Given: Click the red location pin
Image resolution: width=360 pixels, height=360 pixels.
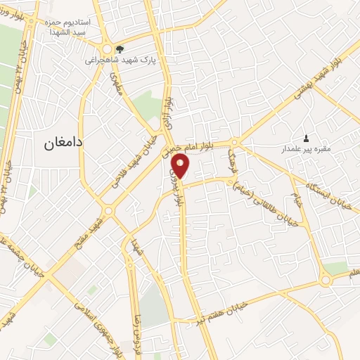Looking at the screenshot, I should click(x=181, y=167).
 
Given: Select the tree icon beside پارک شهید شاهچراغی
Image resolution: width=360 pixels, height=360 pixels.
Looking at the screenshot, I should click(x=120, y=49).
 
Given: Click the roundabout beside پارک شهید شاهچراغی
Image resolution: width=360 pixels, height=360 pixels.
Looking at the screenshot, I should click(x=108, y=50).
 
